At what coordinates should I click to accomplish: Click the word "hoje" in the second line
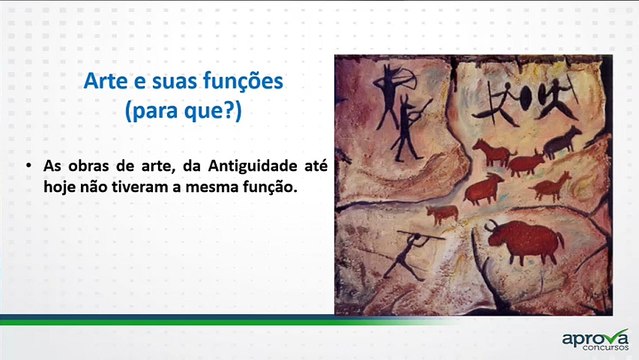coord(61,185)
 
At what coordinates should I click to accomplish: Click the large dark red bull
coord(525,240)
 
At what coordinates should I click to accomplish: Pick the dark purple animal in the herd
coord(562,139)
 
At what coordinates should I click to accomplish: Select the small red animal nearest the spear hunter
coord(442,212)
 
